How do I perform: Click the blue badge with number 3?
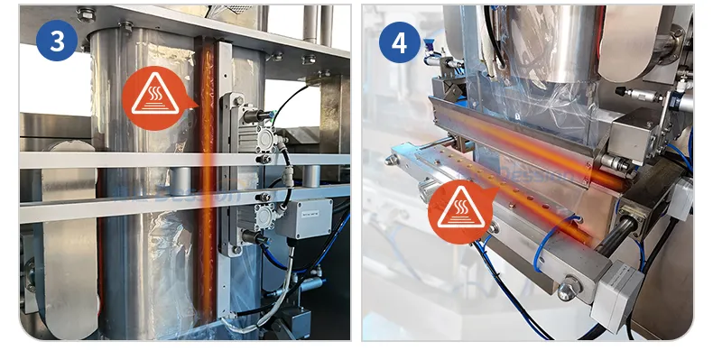[57, 41]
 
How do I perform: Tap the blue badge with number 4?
[399, 42]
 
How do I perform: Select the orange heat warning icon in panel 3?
[155, 98]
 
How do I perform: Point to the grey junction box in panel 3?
[303, 218]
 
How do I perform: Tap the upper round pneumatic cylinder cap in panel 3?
[264, 136]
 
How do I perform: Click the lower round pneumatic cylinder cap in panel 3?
[264, 216]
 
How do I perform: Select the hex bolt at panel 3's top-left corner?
[87, 14]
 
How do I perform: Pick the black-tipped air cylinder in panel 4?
[641, 95]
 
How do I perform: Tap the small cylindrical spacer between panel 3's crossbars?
[181, 181]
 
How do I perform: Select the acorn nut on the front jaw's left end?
[392, 160]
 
